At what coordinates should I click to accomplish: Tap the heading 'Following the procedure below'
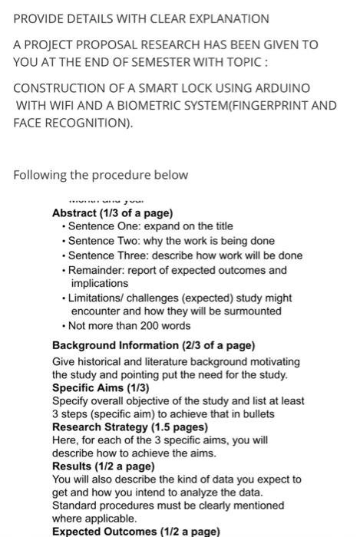click(101, 175)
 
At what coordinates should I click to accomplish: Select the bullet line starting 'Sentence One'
click(150, 227)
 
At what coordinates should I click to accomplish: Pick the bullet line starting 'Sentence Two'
click(171, 241)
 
